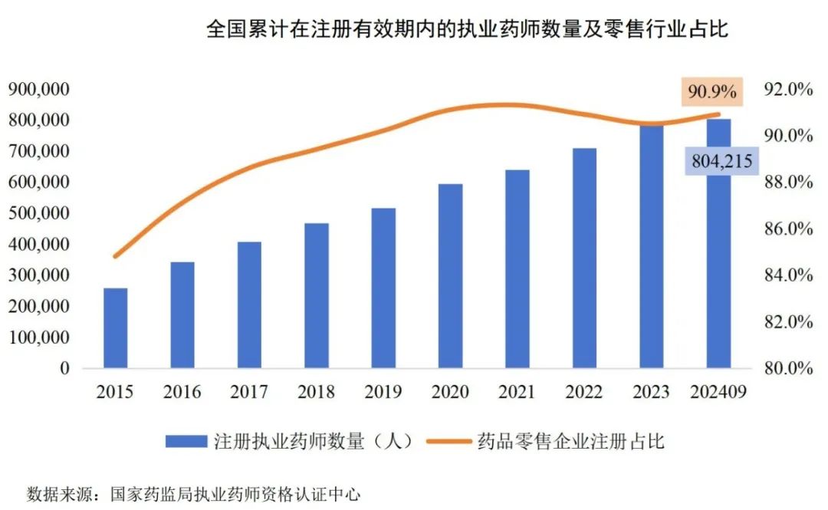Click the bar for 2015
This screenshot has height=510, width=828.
pyautogui.click(x=116, y=328)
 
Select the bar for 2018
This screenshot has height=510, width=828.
pyautogui.click(x=317, y=296)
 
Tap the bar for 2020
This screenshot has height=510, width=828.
pyautogui.click(x=451, y=276)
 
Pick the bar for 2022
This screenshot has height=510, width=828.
pyautogui.click(x=584, y=258)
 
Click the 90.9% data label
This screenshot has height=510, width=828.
pyautogui.click(x=712, y=92)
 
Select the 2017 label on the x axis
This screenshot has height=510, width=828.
pyautogui.click(x=249, y=392)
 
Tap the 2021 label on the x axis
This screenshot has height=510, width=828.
pyautogui.click(x=517, y=392)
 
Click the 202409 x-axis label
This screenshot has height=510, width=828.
pyautogui.click(x=718, y=392)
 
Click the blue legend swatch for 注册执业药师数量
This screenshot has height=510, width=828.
pyautogui.click(x=186, y=441)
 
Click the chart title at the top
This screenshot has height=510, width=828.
pyautogui.click(x=467, y=31)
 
